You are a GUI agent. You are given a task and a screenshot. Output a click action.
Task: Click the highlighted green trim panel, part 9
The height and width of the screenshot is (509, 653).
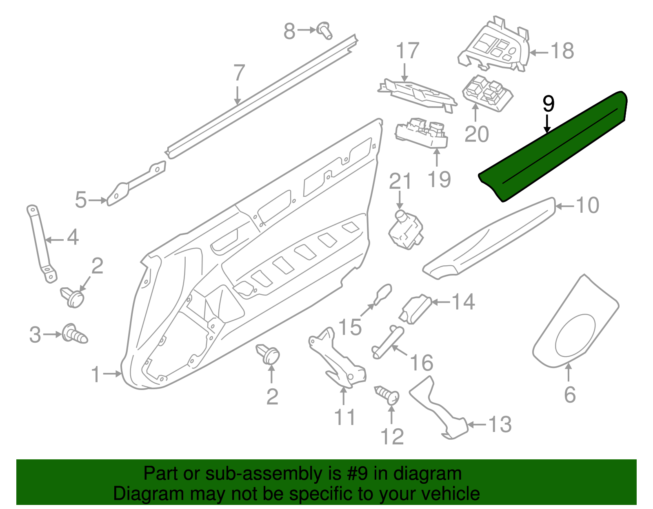pyautogui.click(x=555, y=147)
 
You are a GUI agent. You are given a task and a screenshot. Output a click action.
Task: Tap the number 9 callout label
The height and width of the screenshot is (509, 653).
pyautogui.click(x=549, y=104)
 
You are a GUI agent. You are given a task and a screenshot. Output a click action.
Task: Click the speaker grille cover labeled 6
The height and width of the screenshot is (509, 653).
pyautogui.click(x=575, y=326)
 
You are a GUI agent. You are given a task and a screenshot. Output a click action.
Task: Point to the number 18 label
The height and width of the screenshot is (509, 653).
pyautogui.click(x=562, y=51)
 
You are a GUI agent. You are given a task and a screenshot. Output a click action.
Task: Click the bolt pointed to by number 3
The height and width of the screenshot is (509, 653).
pyautogui.click(x=74, y=334)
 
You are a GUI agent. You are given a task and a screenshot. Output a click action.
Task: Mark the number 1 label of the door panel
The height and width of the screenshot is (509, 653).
pyautogui.click(x=96, y=375)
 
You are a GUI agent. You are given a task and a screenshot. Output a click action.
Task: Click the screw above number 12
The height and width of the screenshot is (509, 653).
pyautogui.click(x=388, y=394)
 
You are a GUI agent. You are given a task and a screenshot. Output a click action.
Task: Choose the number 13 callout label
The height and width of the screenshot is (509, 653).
pyautogui.click(x=500, y=425)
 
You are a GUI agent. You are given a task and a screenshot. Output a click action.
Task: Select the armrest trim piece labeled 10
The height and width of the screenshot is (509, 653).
pyautogui.click(x=490, y=240)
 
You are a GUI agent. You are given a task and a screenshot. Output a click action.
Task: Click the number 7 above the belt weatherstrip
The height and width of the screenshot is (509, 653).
pyautogui.click(x=239, y=73)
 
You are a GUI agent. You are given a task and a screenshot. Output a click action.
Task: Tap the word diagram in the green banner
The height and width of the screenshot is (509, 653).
pyautogui.click(x=432, y=474)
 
